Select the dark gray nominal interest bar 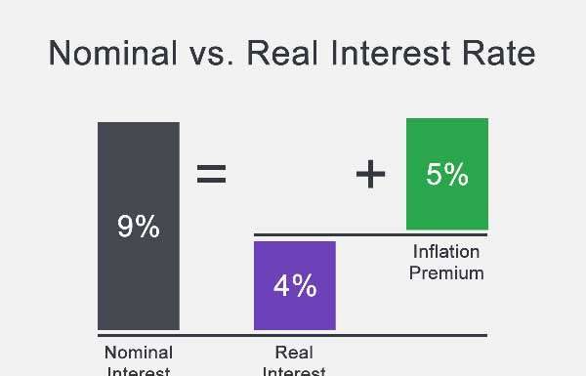pos(138,283)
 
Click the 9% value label pos(138,227)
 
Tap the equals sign pos(211,175)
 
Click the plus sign pos(370,175)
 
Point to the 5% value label pos(446,175)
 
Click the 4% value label pos(294,285)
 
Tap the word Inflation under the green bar pos(446,252)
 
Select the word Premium pos(446,272)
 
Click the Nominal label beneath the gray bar pos(138,353)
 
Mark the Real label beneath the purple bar pos(294,353)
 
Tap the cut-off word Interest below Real pos(294,370)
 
